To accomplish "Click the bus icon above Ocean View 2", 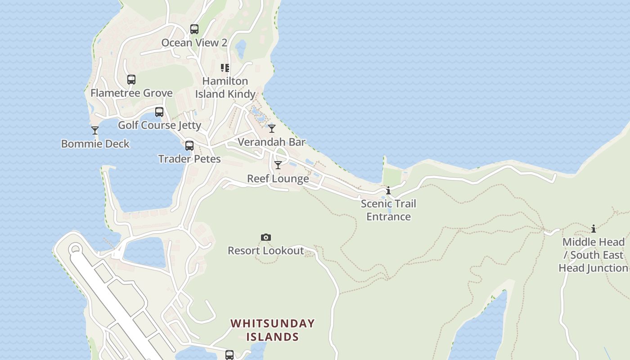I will coord(194,29).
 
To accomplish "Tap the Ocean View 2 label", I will coord(194,43).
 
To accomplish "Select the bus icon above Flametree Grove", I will coord(131,80).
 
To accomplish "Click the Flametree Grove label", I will coord(131,93).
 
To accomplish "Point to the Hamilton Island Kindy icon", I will coord(225,68).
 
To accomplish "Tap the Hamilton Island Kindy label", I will coord(225,87).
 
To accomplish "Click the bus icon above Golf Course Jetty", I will coord(159,112).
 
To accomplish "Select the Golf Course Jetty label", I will coord(159,125).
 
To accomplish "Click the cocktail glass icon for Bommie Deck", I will coord(95,130).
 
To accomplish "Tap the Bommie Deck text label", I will coord(95,144).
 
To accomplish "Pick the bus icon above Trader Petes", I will coord(189,146).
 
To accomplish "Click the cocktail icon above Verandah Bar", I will coord(272,129).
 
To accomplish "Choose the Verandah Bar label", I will coord(271,142).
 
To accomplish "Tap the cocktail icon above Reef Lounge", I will coord(278,165).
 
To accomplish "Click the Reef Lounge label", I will coord(278,179).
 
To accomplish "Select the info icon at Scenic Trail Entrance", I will coord(388,191).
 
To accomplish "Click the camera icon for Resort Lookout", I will coord(266,237).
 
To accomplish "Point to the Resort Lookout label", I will coord(266,251).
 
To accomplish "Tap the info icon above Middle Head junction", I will coord(594,229).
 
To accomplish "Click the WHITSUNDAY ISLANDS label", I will coord(273,330).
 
